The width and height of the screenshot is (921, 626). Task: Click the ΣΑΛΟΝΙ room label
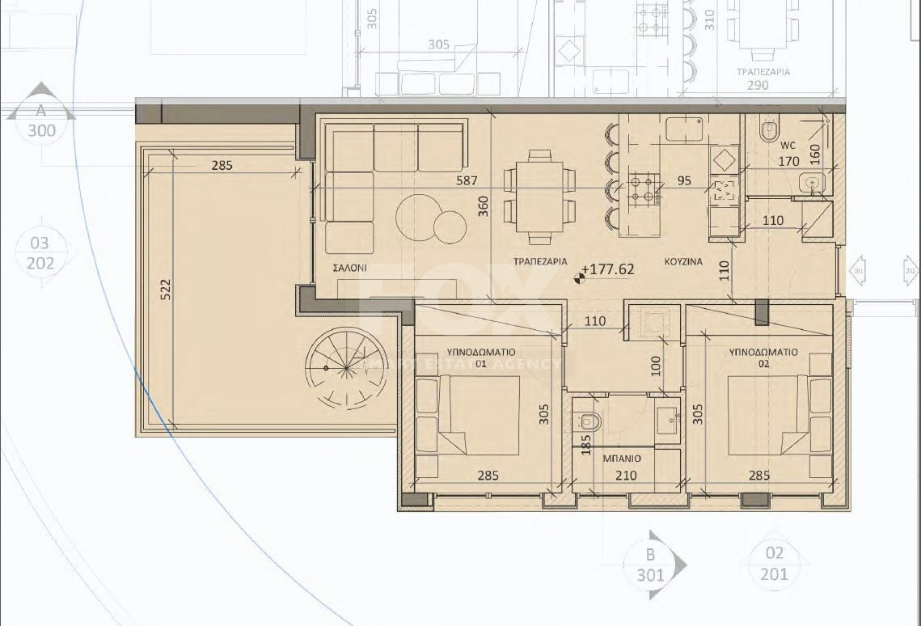(x=349, y=266)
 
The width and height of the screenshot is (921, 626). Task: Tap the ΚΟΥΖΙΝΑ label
(x=683, y=262)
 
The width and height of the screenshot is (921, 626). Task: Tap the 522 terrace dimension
(x=166, y=289)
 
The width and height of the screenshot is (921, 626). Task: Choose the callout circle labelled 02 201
(x=774, y=564)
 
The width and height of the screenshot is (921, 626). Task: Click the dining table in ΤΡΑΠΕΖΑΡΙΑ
(x=539, y=197)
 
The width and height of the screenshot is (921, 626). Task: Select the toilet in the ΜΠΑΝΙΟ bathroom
(x=589, y=421)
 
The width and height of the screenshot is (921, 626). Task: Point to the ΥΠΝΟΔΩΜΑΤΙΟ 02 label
(x=763, y=357)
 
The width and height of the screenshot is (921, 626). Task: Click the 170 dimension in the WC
(x=788, y=162)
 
